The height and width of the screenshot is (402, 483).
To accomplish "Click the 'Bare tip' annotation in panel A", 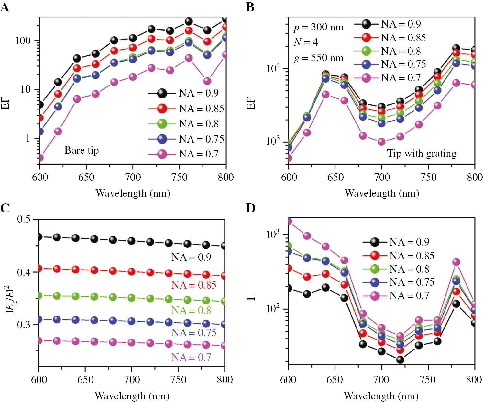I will click(x=82, y=150).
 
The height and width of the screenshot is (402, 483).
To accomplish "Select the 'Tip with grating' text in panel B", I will click(x=422, y=153).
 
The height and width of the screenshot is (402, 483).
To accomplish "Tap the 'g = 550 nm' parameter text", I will click(x=318, y=58).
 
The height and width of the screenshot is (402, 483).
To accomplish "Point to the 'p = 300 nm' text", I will click(x=318, y=27).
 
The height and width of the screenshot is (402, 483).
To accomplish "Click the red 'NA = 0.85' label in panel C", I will click(x=193, y=285).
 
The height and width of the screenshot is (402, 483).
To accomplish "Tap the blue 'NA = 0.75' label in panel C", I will click(x=193, y=333).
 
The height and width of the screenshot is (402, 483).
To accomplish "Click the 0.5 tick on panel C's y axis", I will click(x=24, y=219).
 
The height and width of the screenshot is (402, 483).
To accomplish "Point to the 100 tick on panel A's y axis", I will click(x=23, y=41).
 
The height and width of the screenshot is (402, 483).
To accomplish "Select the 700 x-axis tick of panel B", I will click(x=382, y=177).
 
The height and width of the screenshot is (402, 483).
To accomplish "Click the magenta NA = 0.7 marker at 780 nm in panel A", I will click(x=207, y=81).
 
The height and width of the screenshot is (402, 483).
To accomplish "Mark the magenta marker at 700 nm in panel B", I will click(x=381, y=142).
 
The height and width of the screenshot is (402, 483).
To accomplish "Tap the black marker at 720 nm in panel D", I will click(x=400, y=360).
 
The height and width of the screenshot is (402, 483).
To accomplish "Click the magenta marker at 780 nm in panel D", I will click(x=456, y=262).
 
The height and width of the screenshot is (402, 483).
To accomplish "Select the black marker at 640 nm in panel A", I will click(x=77, y=58).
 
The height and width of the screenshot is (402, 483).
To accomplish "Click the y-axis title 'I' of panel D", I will click(x=251, y=298).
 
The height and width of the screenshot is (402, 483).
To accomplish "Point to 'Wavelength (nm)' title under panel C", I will click(x=132, y=396).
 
